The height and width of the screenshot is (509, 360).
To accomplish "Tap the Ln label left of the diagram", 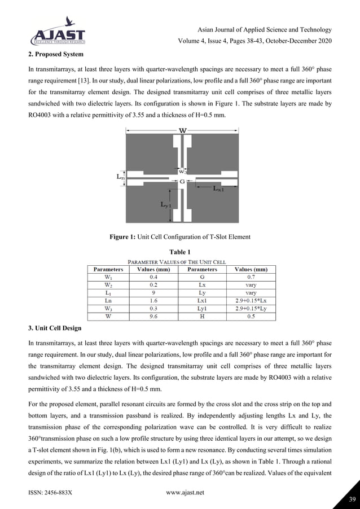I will [x=121, y=177].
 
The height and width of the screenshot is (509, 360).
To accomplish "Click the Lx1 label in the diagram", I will [x=218, y=190].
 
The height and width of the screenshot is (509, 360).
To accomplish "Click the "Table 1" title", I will [x=180, y=252].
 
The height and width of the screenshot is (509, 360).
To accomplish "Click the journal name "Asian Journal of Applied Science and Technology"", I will [x=265, y=29].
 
